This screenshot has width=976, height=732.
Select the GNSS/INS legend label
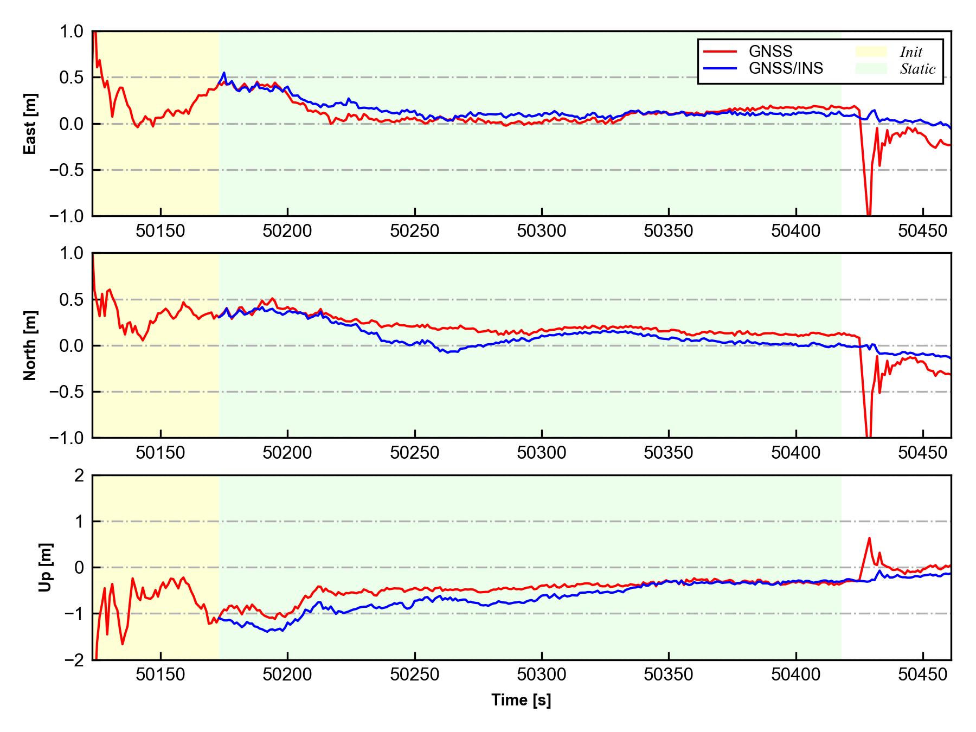pos(786,68)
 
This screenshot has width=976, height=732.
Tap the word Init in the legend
pos(911,52)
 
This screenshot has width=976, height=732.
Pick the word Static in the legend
pos(917,69)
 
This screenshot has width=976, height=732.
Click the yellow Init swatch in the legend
pos(871,52)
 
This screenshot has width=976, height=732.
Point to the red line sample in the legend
pos(720,52)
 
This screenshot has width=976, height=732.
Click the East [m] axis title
pos(31,124)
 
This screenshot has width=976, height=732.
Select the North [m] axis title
pos(31,345)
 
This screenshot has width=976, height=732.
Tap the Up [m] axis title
pos(46,567)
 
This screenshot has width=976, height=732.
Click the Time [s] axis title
pos(521,701)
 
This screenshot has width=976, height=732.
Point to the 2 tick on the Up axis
pos(79,476)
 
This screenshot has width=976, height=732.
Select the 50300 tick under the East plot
pos(542,232)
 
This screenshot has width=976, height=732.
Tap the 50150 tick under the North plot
pos(160,453)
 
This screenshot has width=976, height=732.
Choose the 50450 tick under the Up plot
pos(922,675)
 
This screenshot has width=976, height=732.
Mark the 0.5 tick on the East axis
pos(72,78)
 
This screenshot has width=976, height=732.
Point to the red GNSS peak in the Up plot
pos(869,538)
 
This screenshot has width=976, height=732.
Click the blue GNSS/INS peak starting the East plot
pos(224,73)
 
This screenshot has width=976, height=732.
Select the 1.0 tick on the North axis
pos(72,253)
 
